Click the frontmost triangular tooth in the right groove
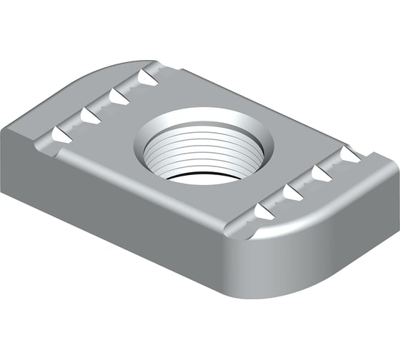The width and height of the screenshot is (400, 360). point(263,211)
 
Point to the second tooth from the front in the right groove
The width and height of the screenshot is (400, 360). point(291,191)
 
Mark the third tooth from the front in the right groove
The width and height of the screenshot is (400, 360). point(320,173)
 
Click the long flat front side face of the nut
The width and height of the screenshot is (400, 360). point(129,214)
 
